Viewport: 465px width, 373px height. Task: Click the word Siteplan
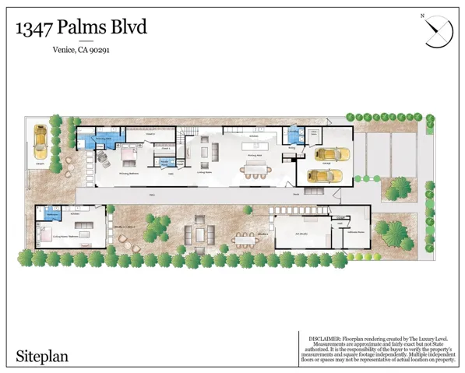[43, 357]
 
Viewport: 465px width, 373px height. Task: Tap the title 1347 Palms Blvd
[80, 28]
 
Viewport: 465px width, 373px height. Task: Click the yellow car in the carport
[40, 143]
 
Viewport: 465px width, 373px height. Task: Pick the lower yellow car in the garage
[322, 174]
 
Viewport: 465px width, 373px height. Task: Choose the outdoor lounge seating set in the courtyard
[198, 234]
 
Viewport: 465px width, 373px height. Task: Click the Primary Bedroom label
[129, 174]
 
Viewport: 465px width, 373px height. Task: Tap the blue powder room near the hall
[164, 162]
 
